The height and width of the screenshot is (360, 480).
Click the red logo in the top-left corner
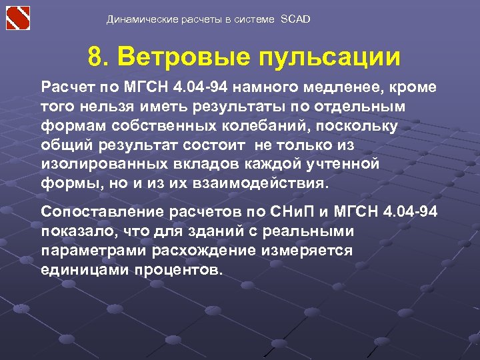19,18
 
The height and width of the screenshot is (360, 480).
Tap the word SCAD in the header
296,19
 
